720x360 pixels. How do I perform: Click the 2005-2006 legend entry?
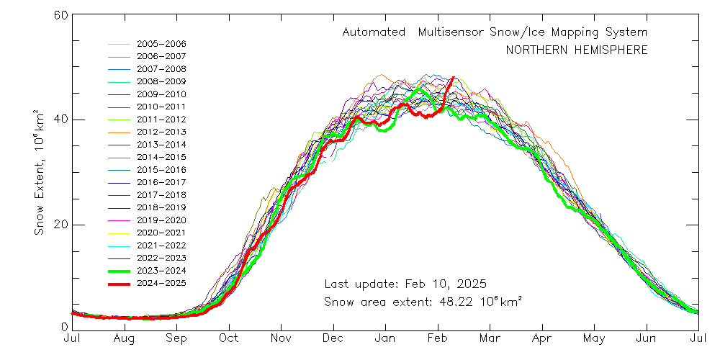tap(161, 43)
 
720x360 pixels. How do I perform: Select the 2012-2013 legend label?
tap(161, 132)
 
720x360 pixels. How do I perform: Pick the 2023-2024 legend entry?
tap(161, 270)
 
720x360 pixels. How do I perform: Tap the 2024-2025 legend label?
tap(161, 283)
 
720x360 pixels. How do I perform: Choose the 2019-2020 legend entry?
tap(161, 220)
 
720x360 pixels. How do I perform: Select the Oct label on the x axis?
tap(229, 338)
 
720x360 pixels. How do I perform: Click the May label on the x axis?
tap(594, 338)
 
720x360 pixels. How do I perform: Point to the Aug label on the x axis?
tap(125, 338)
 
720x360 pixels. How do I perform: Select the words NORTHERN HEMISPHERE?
tap(576, 50)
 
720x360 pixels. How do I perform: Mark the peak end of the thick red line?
tap(453, 78)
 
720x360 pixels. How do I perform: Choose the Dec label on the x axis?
tap(333, 338)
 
